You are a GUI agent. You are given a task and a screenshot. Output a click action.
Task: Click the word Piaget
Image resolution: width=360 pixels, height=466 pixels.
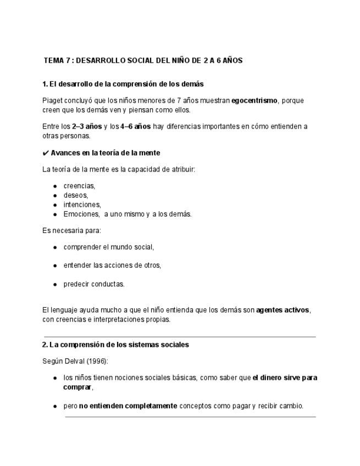click(x=53, y=101)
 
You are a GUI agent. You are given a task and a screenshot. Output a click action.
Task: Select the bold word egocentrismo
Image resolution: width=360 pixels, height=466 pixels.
click(x=254, y=101)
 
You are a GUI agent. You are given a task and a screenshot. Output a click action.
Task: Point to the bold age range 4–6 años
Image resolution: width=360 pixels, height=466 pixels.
click(x=135, y=126)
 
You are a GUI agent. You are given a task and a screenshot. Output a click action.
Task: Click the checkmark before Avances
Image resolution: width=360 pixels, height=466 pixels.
click(x=46, y=153)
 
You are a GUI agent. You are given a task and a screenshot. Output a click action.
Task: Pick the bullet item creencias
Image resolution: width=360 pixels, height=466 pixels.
click(x=79, y=186)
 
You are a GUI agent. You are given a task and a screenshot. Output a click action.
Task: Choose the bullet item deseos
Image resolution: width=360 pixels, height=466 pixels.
click(x=75, y=195)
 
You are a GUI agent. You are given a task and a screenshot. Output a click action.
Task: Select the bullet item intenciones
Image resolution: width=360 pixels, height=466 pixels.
click(x=82, y=204)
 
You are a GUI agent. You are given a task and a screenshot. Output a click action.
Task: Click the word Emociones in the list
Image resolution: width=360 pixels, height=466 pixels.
click(x=81, y=214)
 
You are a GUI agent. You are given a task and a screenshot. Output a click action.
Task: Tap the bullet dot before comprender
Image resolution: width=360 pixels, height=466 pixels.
click(x=56, y=248)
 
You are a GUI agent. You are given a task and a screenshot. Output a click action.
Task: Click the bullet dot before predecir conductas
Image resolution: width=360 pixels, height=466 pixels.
click(x=56, y=285)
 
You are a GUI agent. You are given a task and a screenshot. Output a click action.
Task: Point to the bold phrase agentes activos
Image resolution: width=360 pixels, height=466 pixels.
click(x=283, y=310)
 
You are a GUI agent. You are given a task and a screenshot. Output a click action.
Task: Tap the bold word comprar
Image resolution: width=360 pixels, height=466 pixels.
click(x=77, y=387)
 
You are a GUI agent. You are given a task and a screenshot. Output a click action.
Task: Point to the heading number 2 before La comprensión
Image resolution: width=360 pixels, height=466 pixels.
click(x=45, y=345)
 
